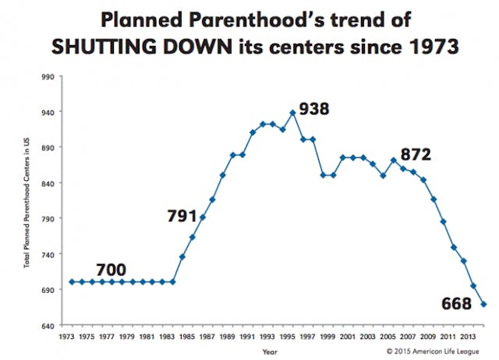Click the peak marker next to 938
(x=292, y=112)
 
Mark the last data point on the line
(x=483, y=304)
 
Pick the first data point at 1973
(x=72, y=281)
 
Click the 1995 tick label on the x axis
(x=288, y=337)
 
